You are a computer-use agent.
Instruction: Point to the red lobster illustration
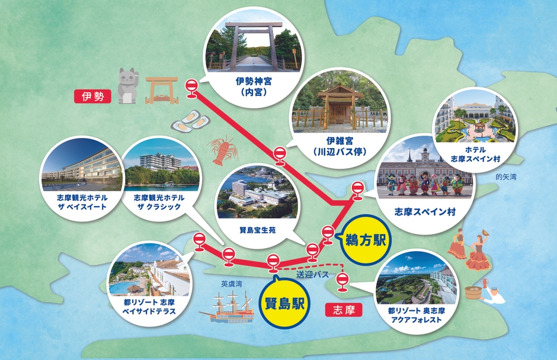(222, 149)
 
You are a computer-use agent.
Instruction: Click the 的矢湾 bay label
(507, 176)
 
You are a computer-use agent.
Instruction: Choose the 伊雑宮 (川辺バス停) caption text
(340, 147)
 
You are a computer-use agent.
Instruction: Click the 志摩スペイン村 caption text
(425, 211)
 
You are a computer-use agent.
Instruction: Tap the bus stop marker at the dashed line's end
(341, 281)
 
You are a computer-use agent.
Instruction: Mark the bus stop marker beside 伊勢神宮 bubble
(191, 87)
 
